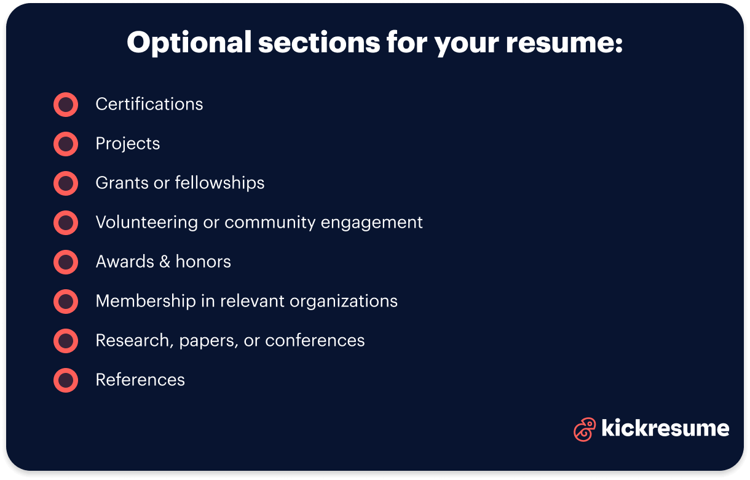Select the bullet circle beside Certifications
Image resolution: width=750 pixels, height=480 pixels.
[66, 105]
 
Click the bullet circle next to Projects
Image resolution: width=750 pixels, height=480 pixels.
[66, 144]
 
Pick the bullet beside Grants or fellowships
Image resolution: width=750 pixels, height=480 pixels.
[66, 183]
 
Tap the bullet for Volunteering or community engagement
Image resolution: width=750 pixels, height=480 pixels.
[66, 223]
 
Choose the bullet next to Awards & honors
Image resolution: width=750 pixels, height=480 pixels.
[66, 262]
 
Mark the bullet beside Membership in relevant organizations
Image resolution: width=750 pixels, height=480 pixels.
[66, 302]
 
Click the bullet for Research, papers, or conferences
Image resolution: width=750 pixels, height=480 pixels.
[66, 341]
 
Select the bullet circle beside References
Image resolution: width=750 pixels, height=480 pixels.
[66, 380]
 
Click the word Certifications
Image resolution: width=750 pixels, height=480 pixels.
[149, 104]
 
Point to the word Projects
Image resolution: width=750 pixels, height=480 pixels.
[128, 144]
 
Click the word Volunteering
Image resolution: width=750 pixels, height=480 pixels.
[147, 222]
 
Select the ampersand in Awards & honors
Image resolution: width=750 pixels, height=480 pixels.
[164, 262]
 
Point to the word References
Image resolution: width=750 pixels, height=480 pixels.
[140, 380]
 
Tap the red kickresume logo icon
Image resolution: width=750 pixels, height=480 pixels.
[585, 430]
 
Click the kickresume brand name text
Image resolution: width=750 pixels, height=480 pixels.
[665, 428]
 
